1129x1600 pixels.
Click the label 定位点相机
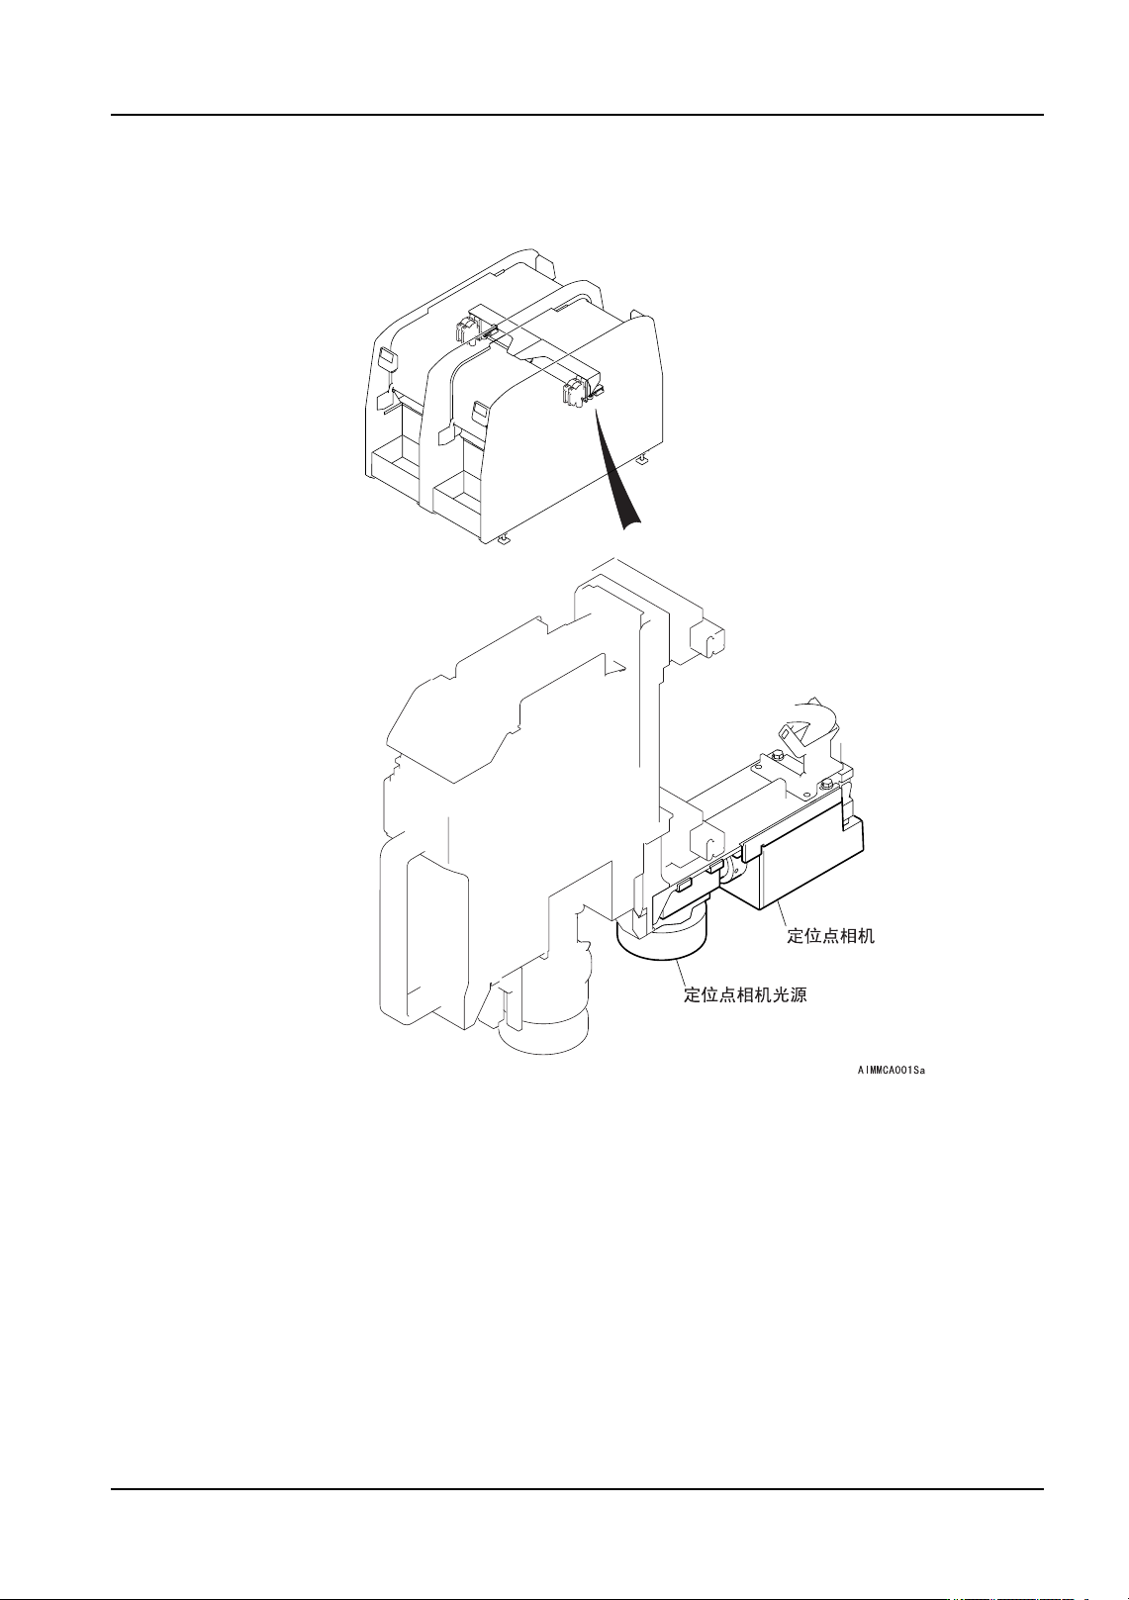tap(830, 935)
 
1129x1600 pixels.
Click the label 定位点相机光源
tap(745, 994)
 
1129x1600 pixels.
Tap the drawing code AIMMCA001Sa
tap(891, 1070)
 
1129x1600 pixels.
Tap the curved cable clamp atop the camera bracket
tap(808, 727)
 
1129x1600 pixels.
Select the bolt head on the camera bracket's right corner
tap(825, 784)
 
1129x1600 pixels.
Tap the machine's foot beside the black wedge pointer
tap(642, 459)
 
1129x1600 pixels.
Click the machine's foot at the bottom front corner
tap(504, 538)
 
